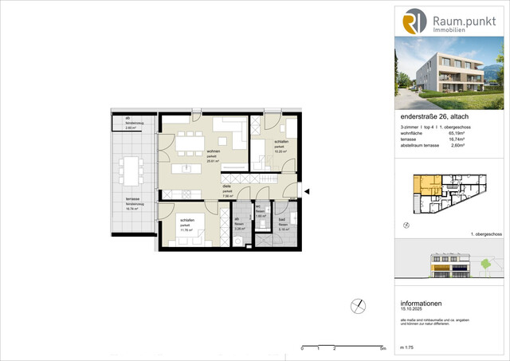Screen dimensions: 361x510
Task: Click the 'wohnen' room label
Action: pos(214,151)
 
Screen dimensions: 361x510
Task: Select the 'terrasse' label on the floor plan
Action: pos(131,198)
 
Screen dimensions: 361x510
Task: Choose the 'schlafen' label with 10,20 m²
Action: pos(280,141)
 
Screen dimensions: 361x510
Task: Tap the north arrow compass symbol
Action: pos(358,306)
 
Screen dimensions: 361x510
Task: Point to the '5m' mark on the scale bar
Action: pos(382,349)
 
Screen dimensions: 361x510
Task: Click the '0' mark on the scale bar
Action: pos(302,349)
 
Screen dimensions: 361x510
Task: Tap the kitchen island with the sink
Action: pos(189,169)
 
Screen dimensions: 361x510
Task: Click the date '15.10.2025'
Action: pos(415,309)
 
